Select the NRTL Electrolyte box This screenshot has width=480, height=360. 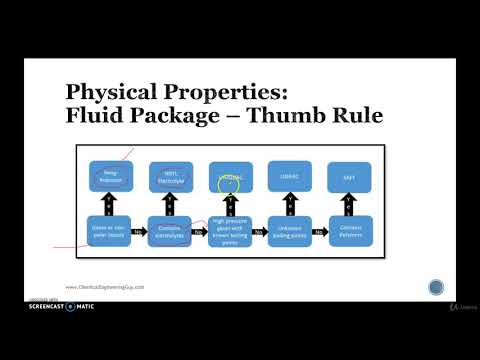tap(169, 178)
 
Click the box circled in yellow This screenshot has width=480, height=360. tap(230, 178)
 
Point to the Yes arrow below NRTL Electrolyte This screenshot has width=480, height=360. tap(169, 204)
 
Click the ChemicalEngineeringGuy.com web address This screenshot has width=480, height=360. tap(111, 285)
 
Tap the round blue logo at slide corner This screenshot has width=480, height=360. tap(436, 287)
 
